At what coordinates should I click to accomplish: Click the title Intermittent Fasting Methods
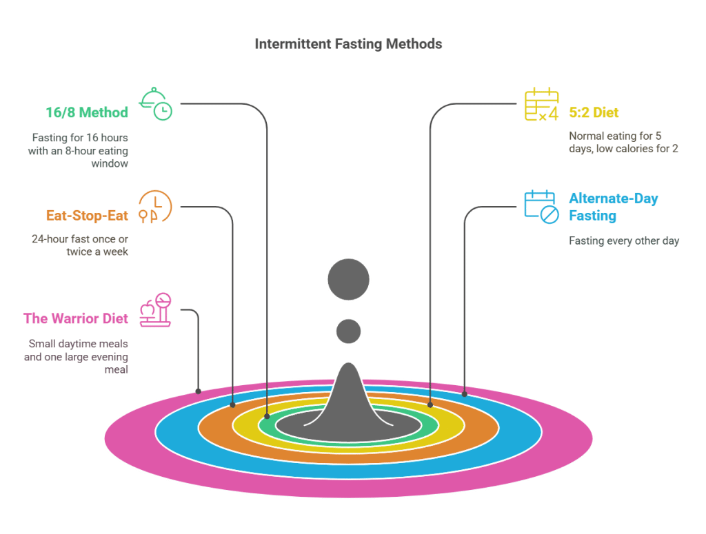point(348,44)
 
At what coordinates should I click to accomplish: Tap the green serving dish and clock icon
point(156,104)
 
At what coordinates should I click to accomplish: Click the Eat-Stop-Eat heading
point(87,216)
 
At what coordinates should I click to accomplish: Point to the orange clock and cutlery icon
point(156,207)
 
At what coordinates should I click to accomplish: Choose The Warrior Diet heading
point(75,318)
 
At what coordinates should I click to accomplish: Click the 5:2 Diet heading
point(594,113)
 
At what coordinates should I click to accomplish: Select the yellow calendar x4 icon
point(541,105)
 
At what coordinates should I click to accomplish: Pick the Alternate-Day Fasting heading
point(613,207)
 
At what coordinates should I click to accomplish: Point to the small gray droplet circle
point(348,331)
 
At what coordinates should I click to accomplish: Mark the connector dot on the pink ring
point(199,391)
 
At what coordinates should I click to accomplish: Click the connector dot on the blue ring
point(465,394)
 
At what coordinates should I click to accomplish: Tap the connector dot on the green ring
point(268,415)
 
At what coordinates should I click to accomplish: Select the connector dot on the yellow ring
point(430,404)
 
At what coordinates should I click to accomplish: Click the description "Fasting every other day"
point(624,241)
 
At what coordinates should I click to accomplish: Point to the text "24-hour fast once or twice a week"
point(79,245)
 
